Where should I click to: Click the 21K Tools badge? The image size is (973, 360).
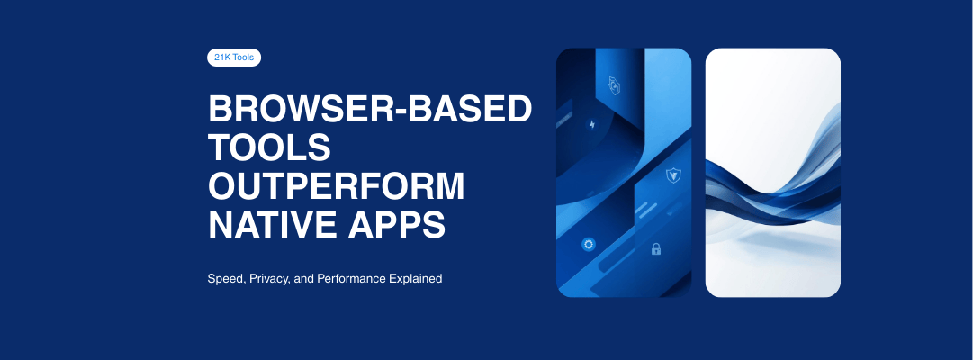234,58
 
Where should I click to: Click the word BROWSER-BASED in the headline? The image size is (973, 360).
370,110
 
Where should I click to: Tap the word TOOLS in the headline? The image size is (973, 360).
270,148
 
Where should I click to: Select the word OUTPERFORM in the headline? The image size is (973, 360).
337,186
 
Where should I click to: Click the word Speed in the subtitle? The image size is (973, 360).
224,279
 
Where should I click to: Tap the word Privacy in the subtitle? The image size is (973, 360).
269,279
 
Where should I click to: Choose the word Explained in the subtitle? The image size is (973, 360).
416,279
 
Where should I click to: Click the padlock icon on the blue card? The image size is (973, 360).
656,248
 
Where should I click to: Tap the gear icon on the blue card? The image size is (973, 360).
589,244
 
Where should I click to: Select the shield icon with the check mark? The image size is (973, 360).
671,175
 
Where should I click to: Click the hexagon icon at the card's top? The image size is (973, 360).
614,85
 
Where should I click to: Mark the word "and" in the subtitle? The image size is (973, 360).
303,279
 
